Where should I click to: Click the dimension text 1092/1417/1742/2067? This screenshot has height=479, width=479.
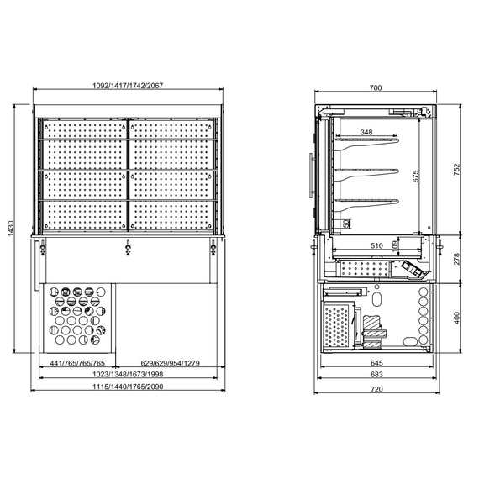click(127, 86)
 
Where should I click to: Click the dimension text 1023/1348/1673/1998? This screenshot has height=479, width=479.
click(127, 374)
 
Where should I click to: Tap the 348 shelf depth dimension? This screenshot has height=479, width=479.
click(366, 132)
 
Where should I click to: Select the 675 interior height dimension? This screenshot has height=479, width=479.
click(414, 176)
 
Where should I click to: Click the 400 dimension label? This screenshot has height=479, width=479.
click(458, 317)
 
